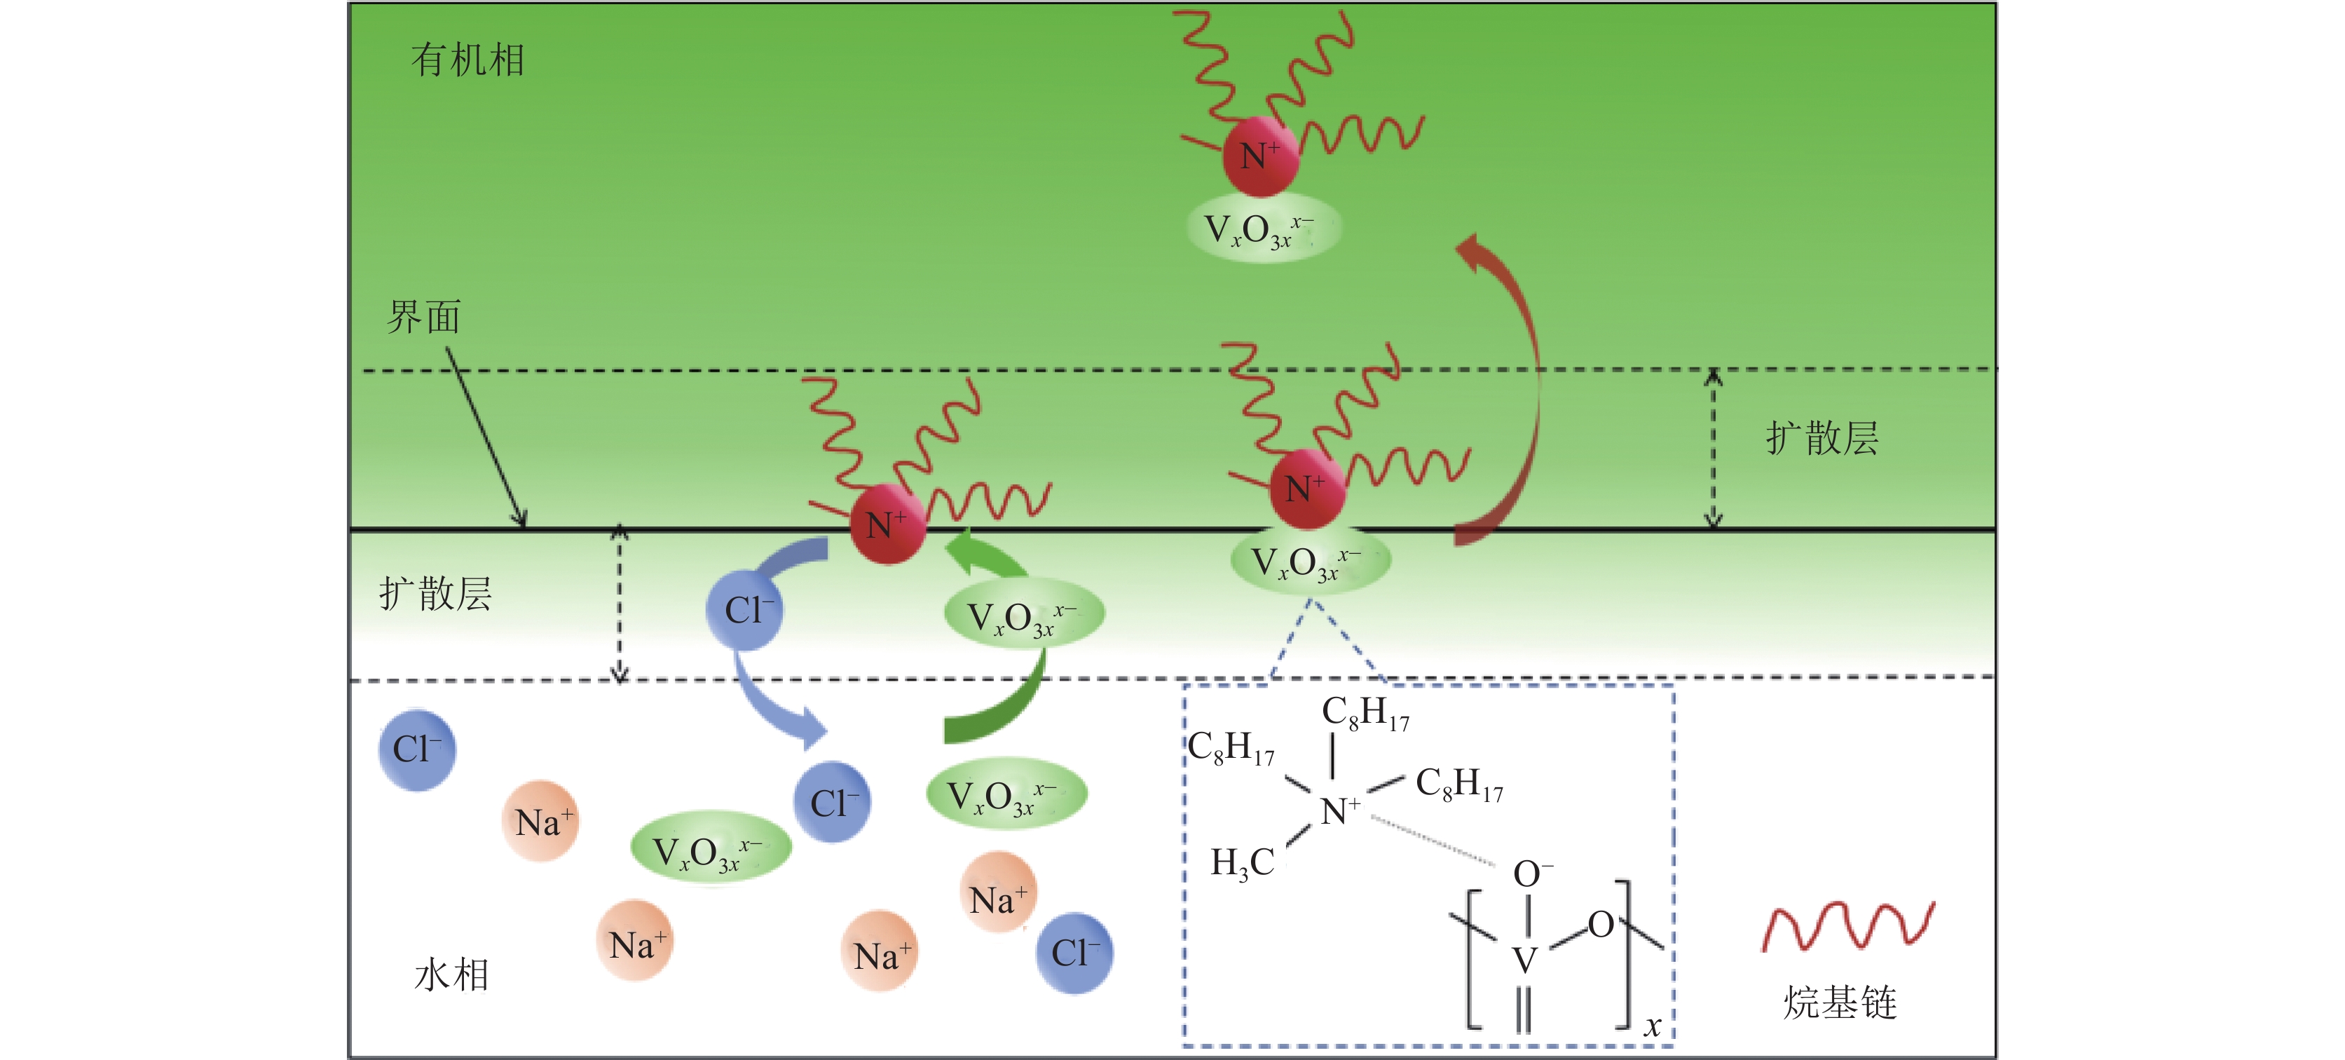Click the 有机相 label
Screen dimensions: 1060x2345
tap(467, 60)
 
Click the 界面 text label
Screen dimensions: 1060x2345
tap(423, 317)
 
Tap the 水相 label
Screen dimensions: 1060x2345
tap(451, 974)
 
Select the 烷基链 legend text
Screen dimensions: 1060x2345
tap(1840, 1003)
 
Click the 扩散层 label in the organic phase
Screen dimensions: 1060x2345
tap(1821, 438)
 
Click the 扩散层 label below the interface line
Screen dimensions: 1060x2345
tap(435, 594)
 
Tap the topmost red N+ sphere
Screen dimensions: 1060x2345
tap(1260, 156)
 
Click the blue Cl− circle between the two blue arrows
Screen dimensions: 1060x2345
tap(745, 610)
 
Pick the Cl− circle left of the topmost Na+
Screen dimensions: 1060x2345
tap(417, 749)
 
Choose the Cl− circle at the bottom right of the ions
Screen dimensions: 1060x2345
tap(1074, 953)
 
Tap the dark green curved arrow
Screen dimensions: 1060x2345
tap(1001, 710)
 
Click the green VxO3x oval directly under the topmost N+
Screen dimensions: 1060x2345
tap(1264, 229)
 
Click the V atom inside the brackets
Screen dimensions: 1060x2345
tap(1525, 960)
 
